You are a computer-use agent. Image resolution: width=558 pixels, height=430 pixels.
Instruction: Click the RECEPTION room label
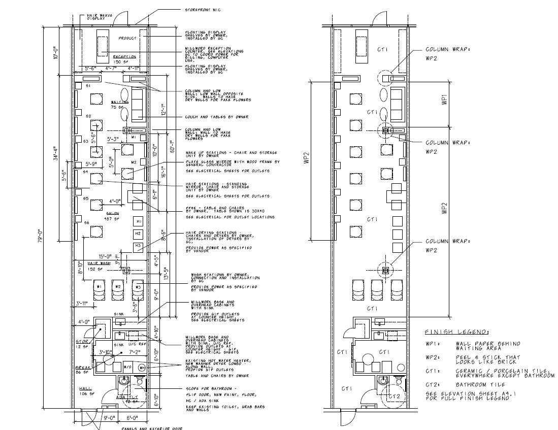124,57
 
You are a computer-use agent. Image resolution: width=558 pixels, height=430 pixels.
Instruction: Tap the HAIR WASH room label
99,263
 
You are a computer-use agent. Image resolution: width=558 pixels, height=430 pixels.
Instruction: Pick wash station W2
117,287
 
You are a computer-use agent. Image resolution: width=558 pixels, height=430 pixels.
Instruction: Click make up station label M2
134,162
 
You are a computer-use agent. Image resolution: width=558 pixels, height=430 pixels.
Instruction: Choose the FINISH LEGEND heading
457,332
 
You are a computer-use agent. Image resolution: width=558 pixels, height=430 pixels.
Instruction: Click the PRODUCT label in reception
128,38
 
